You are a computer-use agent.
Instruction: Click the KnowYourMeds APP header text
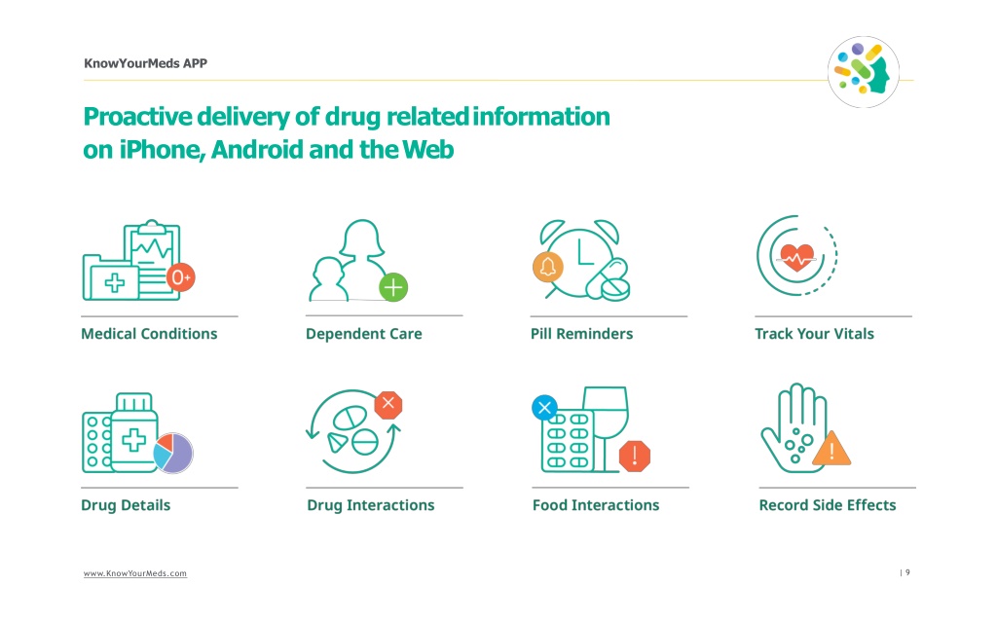coord(146,63)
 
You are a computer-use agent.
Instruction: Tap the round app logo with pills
coord(863,72)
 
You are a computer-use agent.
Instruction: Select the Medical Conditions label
coord(149,334)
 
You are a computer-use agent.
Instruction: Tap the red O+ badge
coord(180,277)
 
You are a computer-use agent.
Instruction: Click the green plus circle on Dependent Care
coord(393,287)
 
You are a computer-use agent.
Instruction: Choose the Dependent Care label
coord(364,334)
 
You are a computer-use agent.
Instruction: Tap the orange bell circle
coord(547,267)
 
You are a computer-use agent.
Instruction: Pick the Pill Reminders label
coord(582,334)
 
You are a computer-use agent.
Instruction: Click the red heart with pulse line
coord(796,257)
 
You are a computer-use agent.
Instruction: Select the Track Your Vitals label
coord(814,334)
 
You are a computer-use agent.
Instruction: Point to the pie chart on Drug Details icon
coord(173,453)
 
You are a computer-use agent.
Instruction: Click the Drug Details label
coord(126,505)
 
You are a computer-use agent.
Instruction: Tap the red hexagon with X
coord(388,404)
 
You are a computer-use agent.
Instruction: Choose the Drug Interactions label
coord(371,505)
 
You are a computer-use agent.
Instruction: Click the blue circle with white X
coord(544,408)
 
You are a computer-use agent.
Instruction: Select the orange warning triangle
coord(831,450)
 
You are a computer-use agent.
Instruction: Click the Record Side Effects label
coord(828,505)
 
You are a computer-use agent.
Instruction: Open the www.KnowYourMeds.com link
coord(134,573)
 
